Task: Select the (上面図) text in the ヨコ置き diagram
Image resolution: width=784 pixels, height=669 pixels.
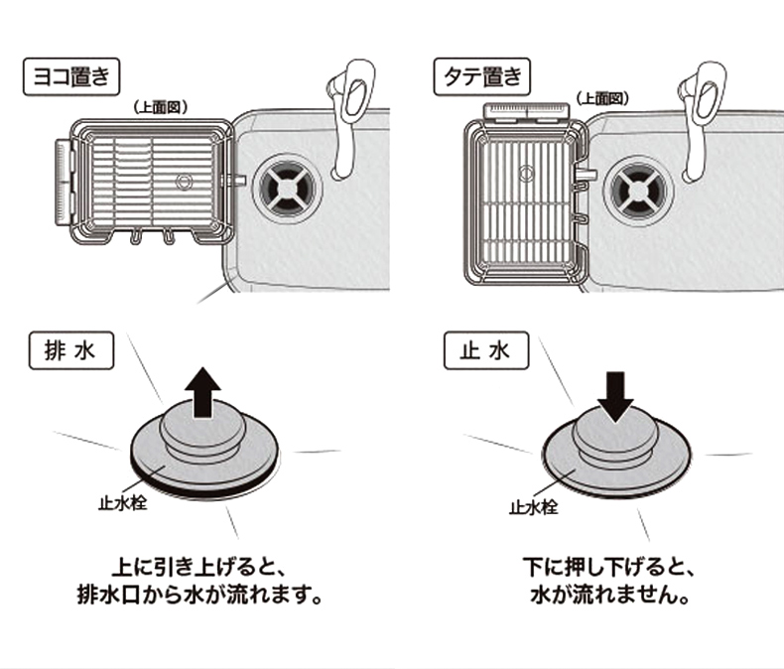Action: tap(160, 107)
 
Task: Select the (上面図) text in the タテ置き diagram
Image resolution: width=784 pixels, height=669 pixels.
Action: tap(600, 97)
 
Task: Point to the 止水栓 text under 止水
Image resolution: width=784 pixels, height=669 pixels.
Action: tap(533, 507)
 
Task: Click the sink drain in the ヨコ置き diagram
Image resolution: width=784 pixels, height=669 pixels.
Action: tap(288, 186)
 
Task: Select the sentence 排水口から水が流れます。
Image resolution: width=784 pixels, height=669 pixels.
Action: tap(200, 599)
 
